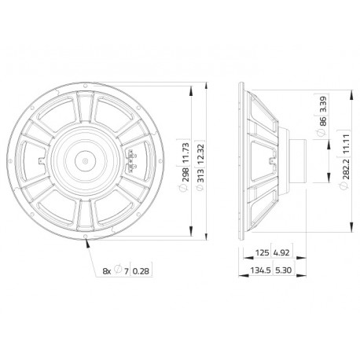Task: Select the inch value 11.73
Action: tap(186, 153)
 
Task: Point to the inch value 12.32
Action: tap(200, 154)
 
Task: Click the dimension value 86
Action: tap(323, 121)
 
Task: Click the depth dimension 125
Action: tap(263, 252)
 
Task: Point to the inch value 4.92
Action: tap(281, 252)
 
